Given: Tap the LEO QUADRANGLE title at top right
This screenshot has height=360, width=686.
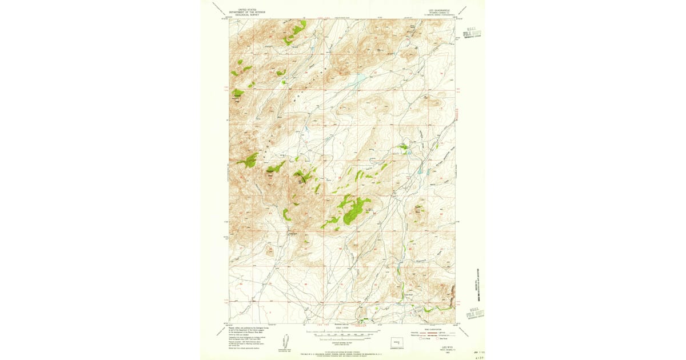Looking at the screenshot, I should (x=438, y=10).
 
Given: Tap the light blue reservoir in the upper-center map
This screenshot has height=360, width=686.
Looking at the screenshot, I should (x=359, y=78).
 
